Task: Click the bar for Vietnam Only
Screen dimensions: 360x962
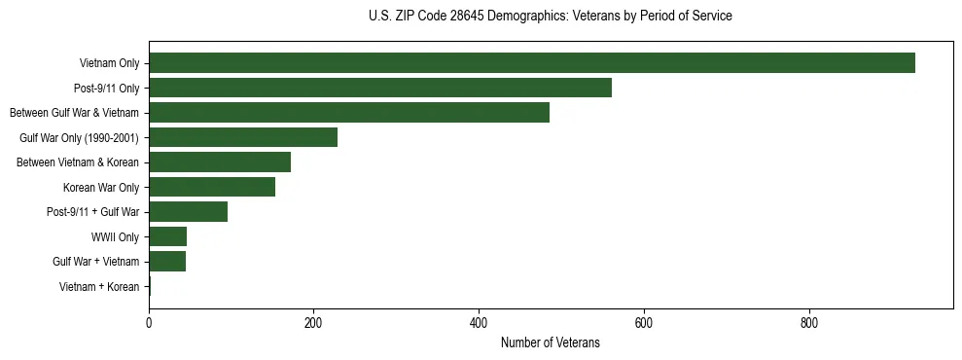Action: [532, 63]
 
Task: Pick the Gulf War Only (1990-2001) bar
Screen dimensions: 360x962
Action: [243, 137]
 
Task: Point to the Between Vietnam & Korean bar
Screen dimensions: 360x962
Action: [220, 162]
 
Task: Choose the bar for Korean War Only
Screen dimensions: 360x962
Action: [212, 187]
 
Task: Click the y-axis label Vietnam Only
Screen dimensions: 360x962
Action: [109, 64]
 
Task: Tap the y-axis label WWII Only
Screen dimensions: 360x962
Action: [115, 237]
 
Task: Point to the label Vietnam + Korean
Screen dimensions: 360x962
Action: [99, 287]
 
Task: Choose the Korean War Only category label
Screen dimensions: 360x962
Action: [101, 188]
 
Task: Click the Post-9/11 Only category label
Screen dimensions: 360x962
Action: [106, 89]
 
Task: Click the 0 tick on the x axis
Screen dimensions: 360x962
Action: [149, 323]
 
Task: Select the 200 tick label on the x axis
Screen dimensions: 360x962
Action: [313, 323]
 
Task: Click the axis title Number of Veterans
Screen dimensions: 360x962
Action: [550, 343]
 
